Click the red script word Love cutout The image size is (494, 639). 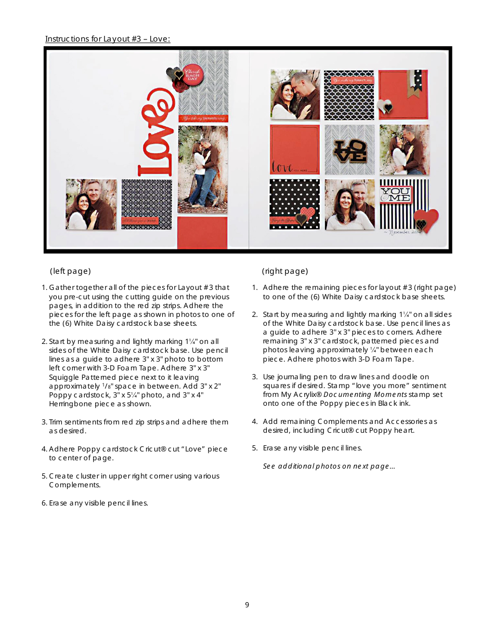coord(155,134)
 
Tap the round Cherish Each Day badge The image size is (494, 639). coord(192,76)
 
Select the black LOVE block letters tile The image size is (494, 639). coord(349,150)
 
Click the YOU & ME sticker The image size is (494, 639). coord(396,195)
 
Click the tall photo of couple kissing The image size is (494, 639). coord(203,169)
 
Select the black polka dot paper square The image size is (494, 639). coord(294,205)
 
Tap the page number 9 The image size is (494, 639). coord(247,605)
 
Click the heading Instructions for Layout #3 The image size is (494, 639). coord(108,39)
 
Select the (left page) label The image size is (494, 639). coord(70,271)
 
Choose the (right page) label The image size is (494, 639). coord(285,271)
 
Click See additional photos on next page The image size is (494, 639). coord(329,466)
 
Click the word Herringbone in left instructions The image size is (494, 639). coord(69,404)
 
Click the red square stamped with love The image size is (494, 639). coord(294,150)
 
